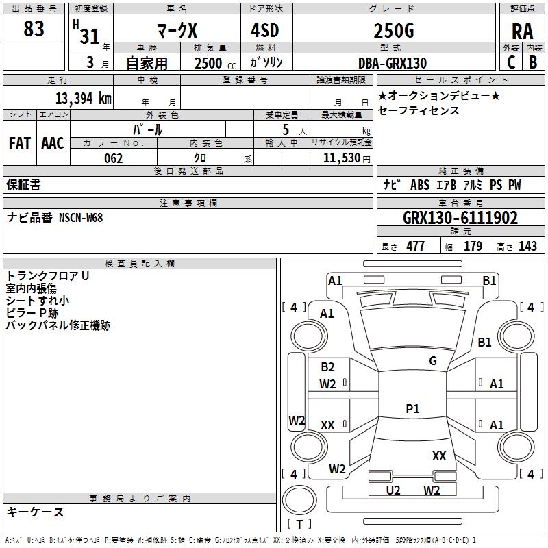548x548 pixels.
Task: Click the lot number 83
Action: pyautogui.click(x=34, y=28)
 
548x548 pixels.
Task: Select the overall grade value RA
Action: pyautogui.click(x=522, y=32)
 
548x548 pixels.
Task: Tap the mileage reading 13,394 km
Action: pyautogui.click(x=83, y=99)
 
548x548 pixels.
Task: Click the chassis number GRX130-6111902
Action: pyautogui.click(x=460, y=218)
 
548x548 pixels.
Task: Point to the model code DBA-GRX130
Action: pyautogui.click(x=393, y=63)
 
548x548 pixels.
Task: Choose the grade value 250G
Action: pyautogui.click(x=394, y=31)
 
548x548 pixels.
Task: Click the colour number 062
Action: pyautogui.click(x=114, y=158)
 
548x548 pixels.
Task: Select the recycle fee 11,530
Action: pyautogui.click(x=342, y=158)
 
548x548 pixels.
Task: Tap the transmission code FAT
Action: pyautogui.click(x=20, y=143)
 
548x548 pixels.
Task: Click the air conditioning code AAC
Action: pyautogui.click(x=53, y=143)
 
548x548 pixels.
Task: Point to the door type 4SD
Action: pyautogui.click(x=265, y=31)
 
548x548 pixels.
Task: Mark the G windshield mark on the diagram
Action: pyautogui.click(x=433, y=360)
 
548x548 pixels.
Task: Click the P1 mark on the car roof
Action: pyautogui.click(x=412, y=408)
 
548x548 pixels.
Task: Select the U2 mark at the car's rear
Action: pyautogui.click(x=393, y=490)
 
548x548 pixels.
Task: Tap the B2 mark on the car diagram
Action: pyautogui.click(x=327, y=366)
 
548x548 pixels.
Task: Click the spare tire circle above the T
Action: pyautogui.click(x=299, y=500)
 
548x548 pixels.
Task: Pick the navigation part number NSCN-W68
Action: pyautogui.click(x=81, y=218)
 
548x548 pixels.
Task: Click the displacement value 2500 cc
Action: pyautogui.click(x=215, y=63)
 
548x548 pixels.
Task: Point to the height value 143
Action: pyautogui.click(x=527, y=246)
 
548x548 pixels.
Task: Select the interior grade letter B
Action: pyautogui.click(x=533, y=62)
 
